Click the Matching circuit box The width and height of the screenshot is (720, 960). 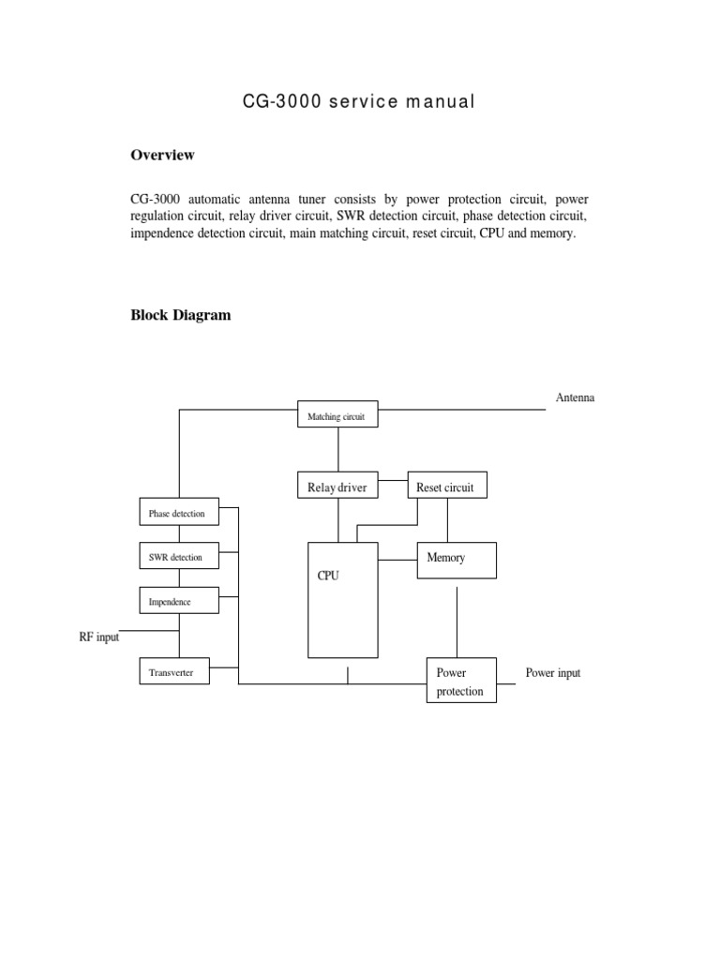[337, 414]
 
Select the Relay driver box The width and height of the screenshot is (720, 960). [337, 486]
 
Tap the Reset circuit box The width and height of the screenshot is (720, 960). [447, 486]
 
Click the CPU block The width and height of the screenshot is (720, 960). [343, 599]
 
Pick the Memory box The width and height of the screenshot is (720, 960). [457, 560]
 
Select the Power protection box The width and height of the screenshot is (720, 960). [460, 682]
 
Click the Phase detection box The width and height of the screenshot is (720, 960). [178, 513]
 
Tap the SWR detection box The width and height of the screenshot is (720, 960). [178, 557]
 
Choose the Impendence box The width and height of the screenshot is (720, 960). [178, 601]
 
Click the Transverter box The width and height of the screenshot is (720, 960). [173, 672]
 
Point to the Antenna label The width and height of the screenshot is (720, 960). [575, 397]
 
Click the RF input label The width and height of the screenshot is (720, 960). [98, 637]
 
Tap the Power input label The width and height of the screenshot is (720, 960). [553, 673]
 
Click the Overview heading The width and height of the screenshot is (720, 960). [162, 155]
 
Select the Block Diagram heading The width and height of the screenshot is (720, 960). [180, 315]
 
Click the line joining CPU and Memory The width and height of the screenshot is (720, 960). [397, 560]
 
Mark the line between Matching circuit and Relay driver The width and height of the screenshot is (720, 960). [337, 449]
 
